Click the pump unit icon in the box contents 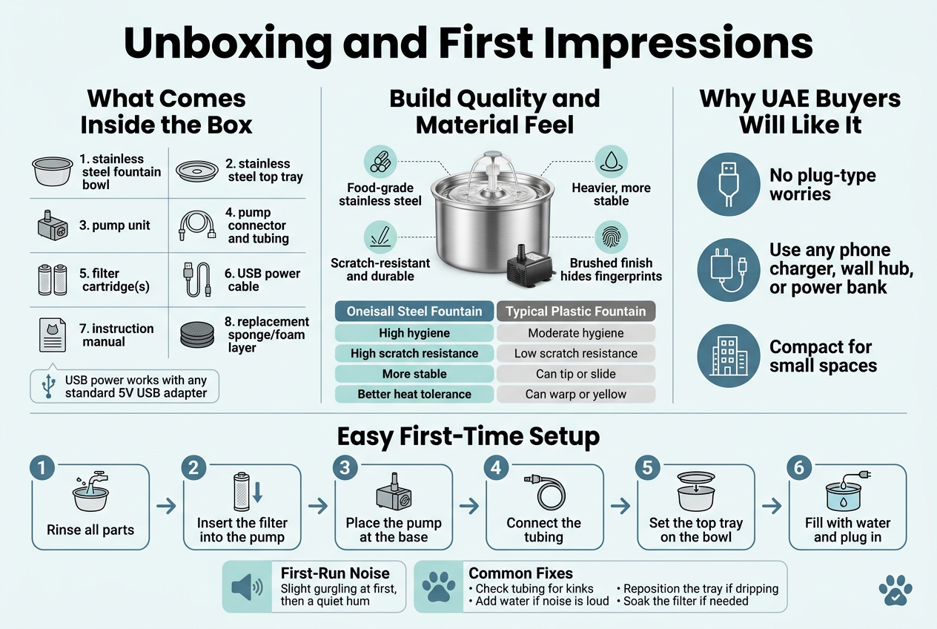(x=53, y=225)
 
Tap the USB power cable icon (x=196, y=279)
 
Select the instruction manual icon (x=53, y=335)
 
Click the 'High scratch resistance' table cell (x=414, y=353)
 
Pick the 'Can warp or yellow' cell (x=575, y=394)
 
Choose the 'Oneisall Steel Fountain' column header (x=414, y=312)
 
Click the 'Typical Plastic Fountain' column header (x=575, y=312)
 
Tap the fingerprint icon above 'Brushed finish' (x=611, y=237)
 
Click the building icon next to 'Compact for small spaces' (x=729, y=356)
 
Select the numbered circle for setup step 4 (x=496, y=467)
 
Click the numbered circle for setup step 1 (x=42, y=467)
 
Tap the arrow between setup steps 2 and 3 (x=318, y=506)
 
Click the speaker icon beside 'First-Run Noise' (x=247, y=587)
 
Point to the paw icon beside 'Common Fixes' (x=438, y=587)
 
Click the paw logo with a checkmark (x=895, y=590)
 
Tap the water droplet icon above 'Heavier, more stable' (x=611, y=162)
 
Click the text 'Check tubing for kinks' (x=534, y=588)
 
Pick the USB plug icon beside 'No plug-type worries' (x=729, y=184)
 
